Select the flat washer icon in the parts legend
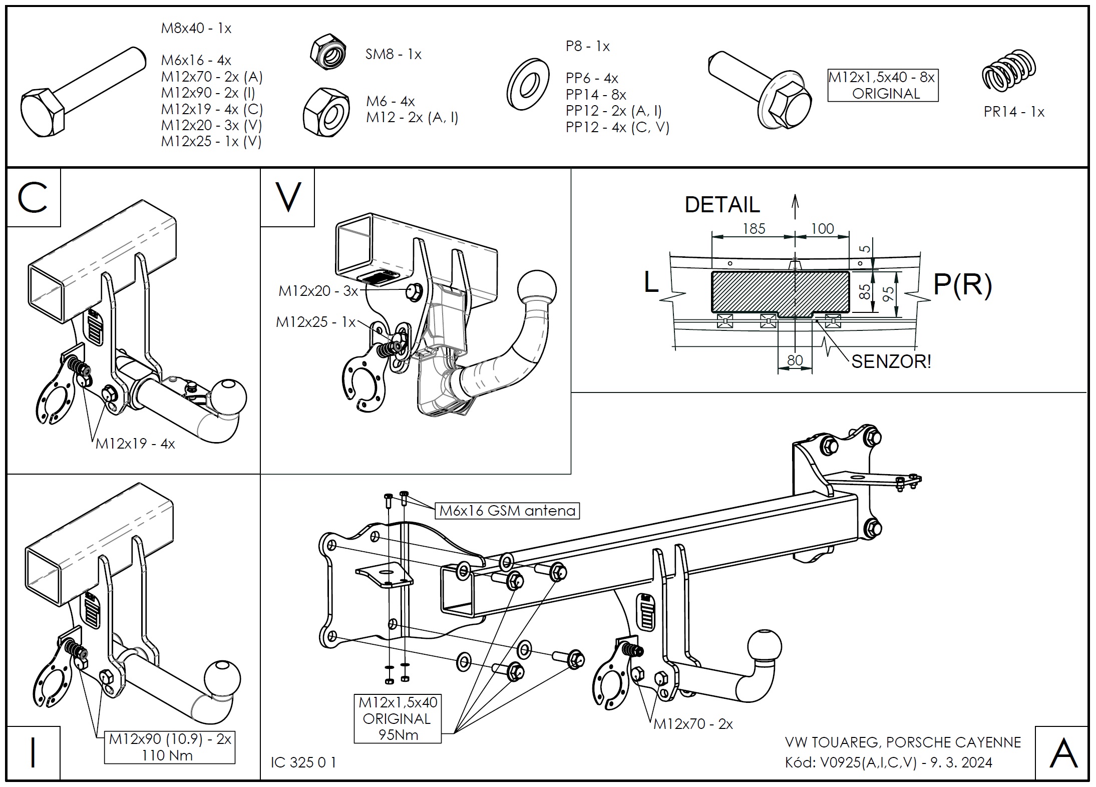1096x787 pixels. [x=528, y=85]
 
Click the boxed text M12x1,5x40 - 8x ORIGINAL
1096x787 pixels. [x=882, y=86]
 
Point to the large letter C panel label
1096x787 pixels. [x=33, y=197]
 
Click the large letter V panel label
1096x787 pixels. [x=288, y=197]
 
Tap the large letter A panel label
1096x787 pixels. [x=1062, y=754]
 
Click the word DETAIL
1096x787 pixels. [x=722, y=205]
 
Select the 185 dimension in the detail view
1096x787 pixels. [x=754, y=228]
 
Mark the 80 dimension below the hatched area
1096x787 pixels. [x=795, y=360]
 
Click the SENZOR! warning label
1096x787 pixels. [x=891, y=361]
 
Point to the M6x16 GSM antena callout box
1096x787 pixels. [x=507, y=511]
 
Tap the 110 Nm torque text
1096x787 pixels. [x=167, y=755]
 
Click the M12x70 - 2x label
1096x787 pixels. [x=693, y=724]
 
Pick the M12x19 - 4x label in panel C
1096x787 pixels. [x=135, y=444]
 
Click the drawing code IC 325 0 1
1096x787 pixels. [x=303, y=762]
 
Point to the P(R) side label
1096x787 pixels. [x=962, y=285]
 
